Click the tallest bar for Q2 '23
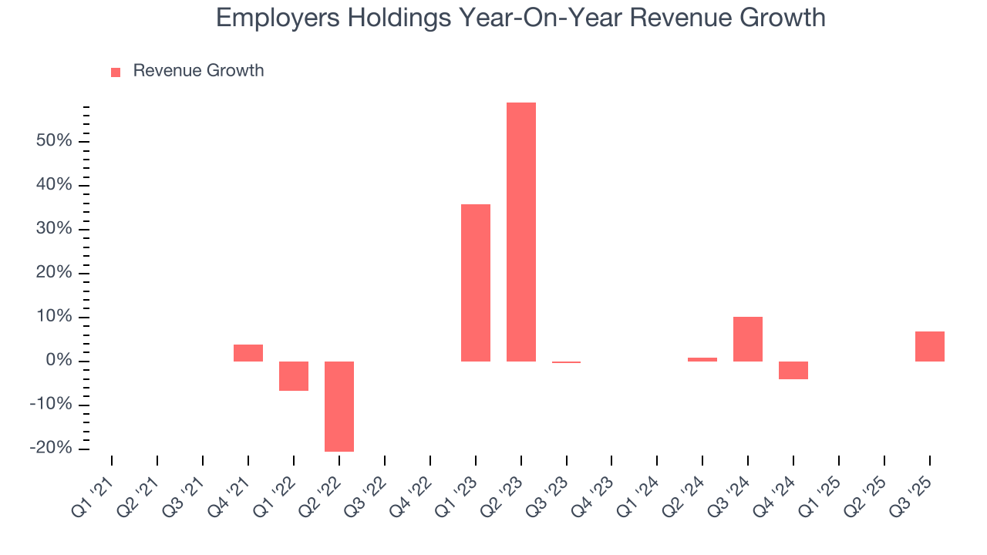(x=520, y=231)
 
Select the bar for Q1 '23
(x=475, y=282)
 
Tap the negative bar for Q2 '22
(x=339, y=406)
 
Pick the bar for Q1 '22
(x=293, y=376)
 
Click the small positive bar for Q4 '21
(x=248, y=353)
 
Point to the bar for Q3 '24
(x=748, y=339)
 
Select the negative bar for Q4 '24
(x=793, y=370)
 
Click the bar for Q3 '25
(x=929, y=346)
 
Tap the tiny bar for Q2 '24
(x=702, y=359)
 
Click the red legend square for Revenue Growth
(x=116, y=72)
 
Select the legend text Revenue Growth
(x=198, y=71)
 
